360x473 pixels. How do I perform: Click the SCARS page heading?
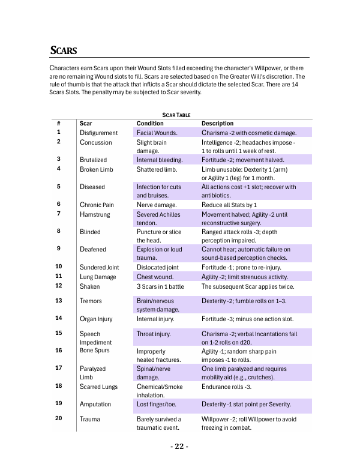[x=63, y=50]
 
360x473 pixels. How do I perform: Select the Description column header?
[x=217, y=123]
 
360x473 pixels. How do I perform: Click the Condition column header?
[x=150, y=123]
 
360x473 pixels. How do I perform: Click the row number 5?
[x=58, y=187]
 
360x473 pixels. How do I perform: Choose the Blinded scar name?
[x=90, y=232]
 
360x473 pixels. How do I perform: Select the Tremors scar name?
[x=91, y=301]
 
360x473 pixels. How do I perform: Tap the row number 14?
[x=59, y=318]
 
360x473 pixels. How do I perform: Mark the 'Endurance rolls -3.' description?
[x=226, y=387]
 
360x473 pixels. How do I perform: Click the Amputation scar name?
[x=95, y=404]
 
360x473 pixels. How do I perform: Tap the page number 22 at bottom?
[x=179, y=447]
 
